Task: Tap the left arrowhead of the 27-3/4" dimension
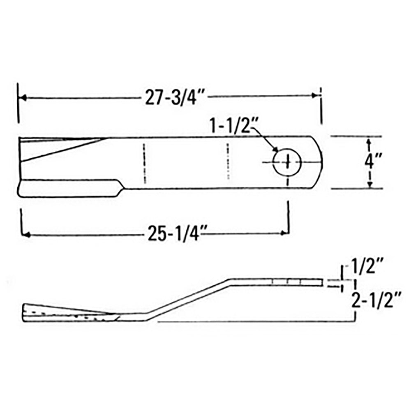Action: coord(23,98)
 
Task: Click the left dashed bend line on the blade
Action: coord(144,163)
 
